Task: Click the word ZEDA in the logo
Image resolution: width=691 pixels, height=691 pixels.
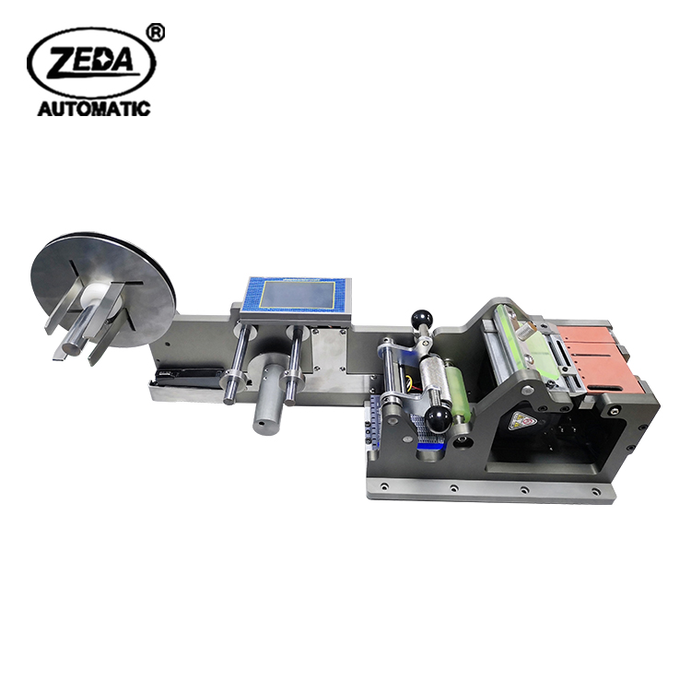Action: pyautogui.click(x=91, y=62)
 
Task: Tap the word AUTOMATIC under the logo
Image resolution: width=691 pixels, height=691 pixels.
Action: pyautogui.click(x=94, y=109)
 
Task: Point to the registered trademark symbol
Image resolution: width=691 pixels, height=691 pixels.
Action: pyautogui.click(x=155, y=33)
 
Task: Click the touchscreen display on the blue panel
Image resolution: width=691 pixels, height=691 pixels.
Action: pyautogui.click(x=297, y=295)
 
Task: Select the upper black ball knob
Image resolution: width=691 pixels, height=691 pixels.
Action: pyautogui.click(x=420, y=318)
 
